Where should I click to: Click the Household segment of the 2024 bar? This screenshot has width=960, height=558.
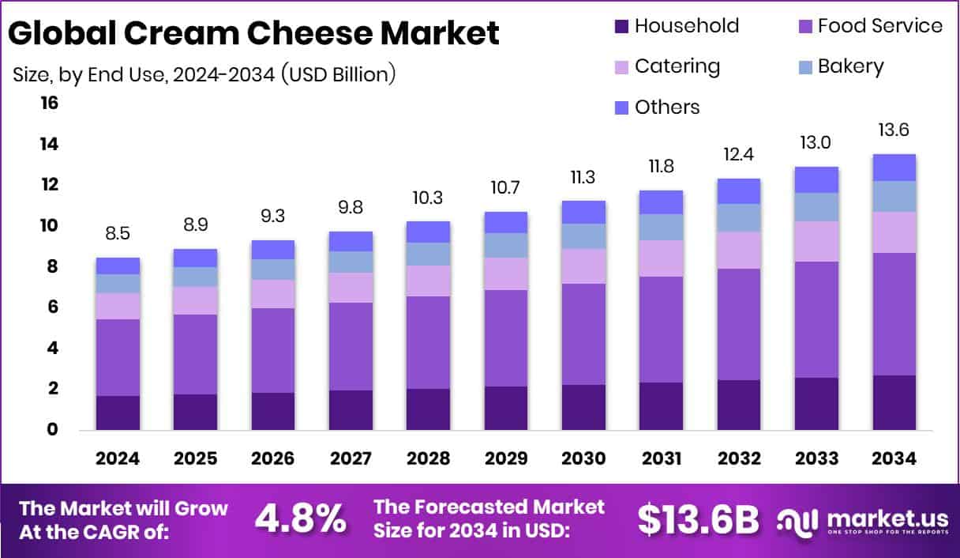[118, 413]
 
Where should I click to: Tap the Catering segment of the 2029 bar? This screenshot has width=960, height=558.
[505, 273]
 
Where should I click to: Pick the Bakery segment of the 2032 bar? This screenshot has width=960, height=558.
[738, 217]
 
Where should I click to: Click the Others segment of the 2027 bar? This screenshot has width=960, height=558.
[351, 241]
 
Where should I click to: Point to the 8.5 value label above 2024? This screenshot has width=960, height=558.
[118, 234]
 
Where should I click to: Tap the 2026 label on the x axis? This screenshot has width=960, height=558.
[273, 459]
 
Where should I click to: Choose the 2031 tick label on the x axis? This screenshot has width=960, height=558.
[661, 459]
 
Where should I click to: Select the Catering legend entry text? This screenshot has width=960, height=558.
[677, 66]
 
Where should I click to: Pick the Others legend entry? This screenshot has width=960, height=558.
[667, 107]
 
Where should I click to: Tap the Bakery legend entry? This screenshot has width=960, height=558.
[850, 66]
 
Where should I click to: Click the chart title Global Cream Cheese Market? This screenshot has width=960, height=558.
[253, 34]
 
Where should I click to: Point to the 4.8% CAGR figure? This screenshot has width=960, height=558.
[301, 518]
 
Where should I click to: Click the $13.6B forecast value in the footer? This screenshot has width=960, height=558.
[698, 519]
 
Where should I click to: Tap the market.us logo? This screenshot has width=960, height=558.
[861, 519]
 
